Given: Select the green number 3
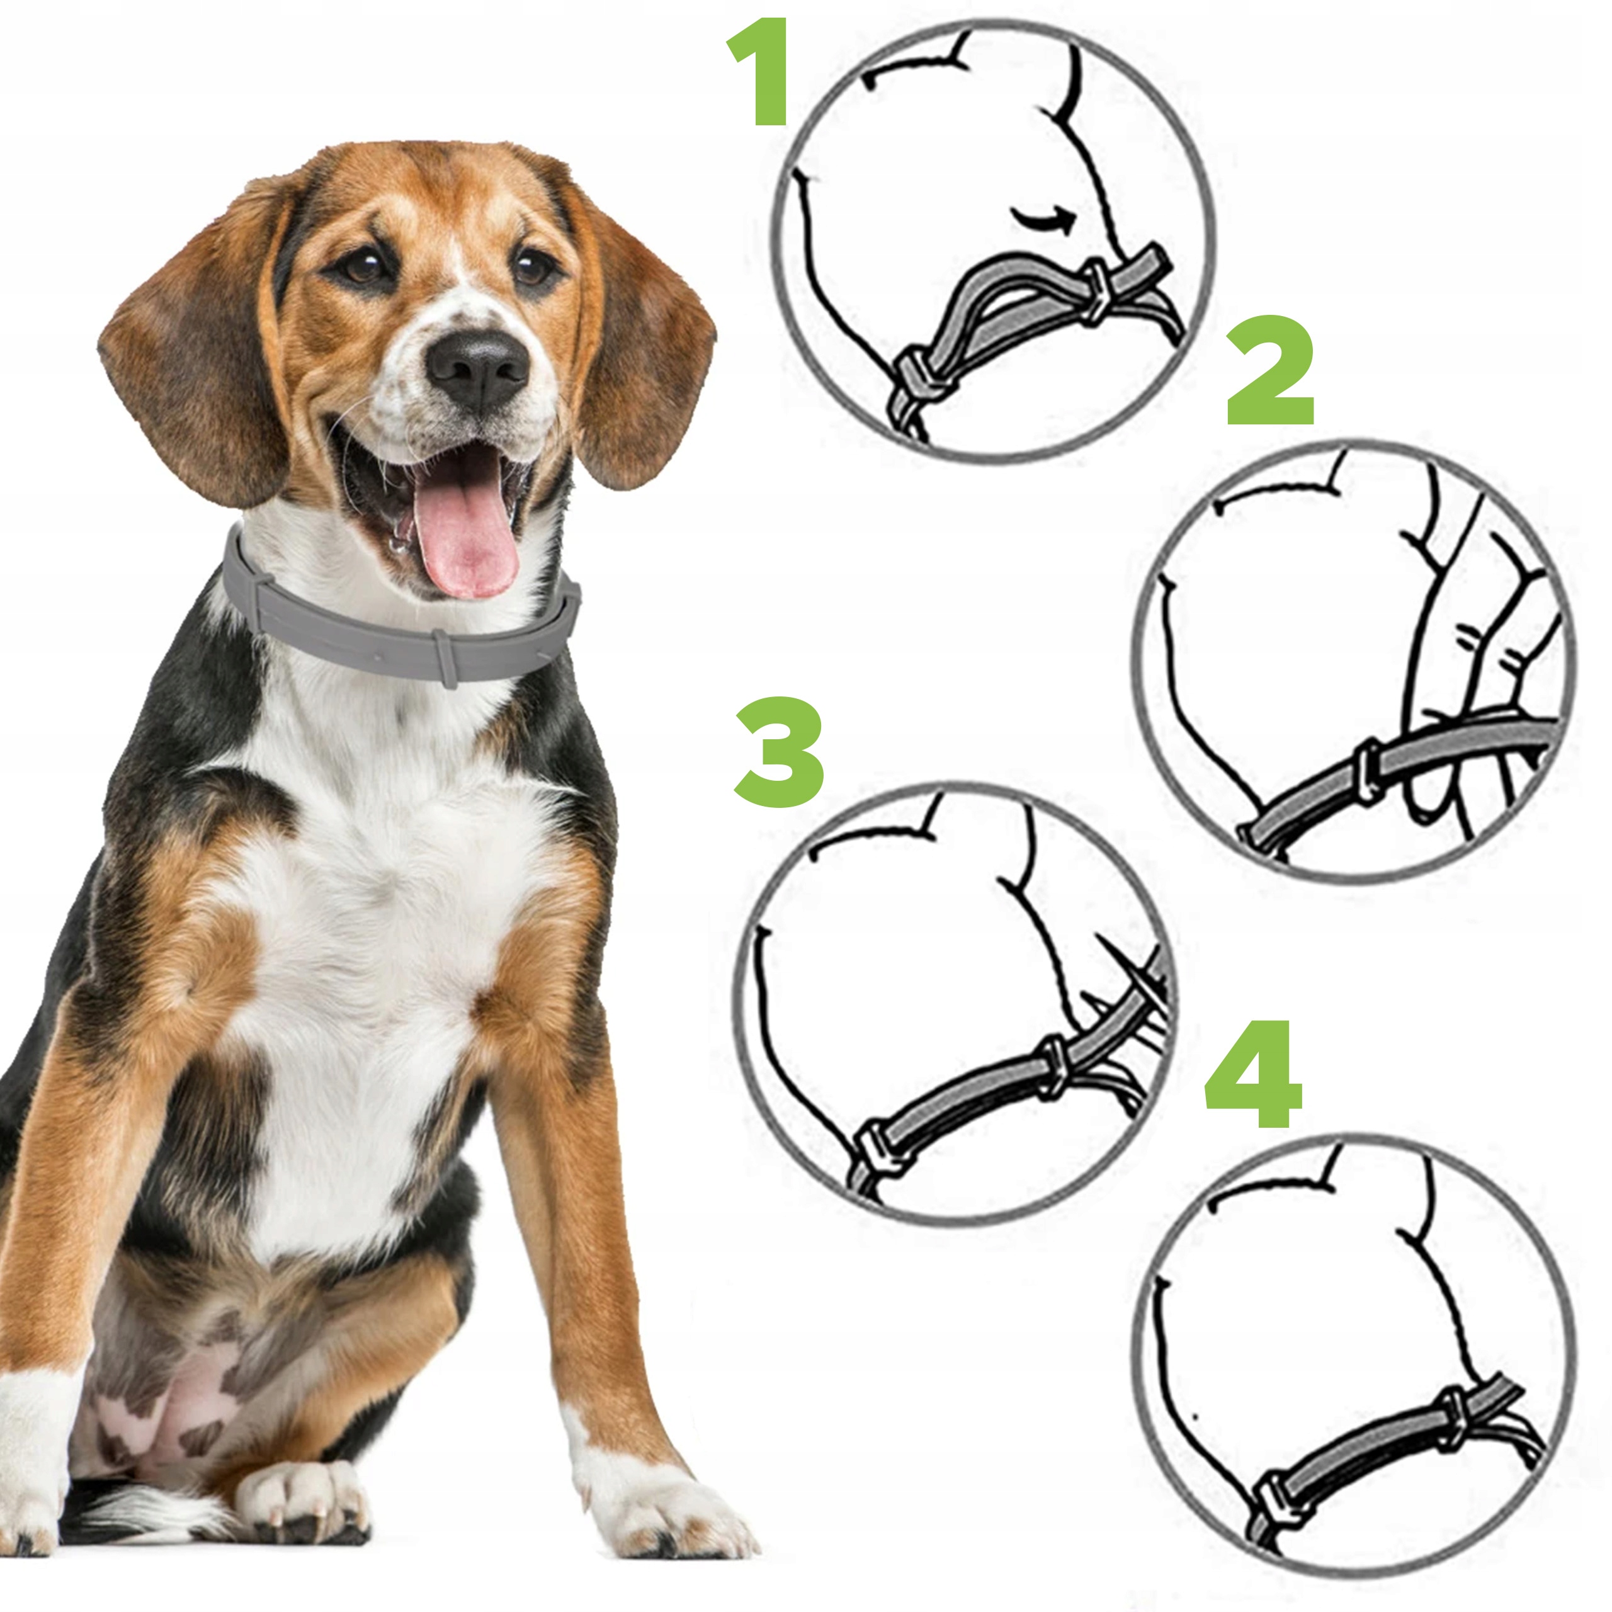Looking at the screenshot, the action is pos(780,752).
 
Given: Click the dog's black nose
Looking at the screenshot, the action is pos(477,366).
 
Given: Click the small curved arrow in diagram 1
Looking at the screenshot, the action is pos(1043,221).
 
